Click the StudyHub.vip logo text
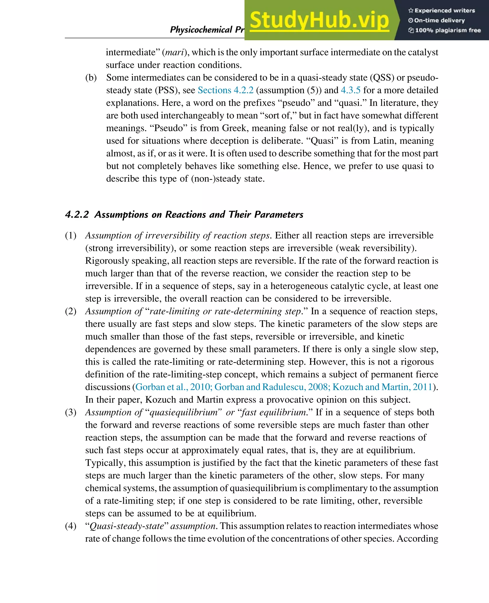pyautogui.click(x=319, y=20)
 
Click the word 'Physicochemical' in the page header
pyautogui.click(x=201, y=30)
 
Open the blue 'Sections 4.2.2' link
pyautogui.click(x=225, y=90)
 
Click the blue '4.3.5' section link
pyautogui.click(x=351, y=90)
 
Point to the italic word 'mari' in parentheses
pyautogui.click(x=175, y=52)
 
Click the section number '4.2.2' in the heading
pyautogui.click(x=77, y=214)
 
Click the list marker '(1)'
pyautogui.click(x=71, y=235)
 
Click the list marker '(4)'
pyautogui.click(x=71, y=526)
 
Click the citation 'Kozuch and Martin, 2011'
pyautogui.click(x=382, y=387)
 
